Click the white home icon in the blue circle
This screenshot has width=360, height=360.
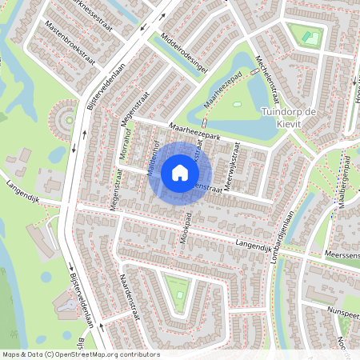[x=180, y=172]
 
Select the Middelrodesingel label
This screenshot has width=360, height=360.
[x=185, y=57]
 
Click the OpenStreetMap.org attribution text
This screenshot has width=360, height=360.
[x=104, y=354]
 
